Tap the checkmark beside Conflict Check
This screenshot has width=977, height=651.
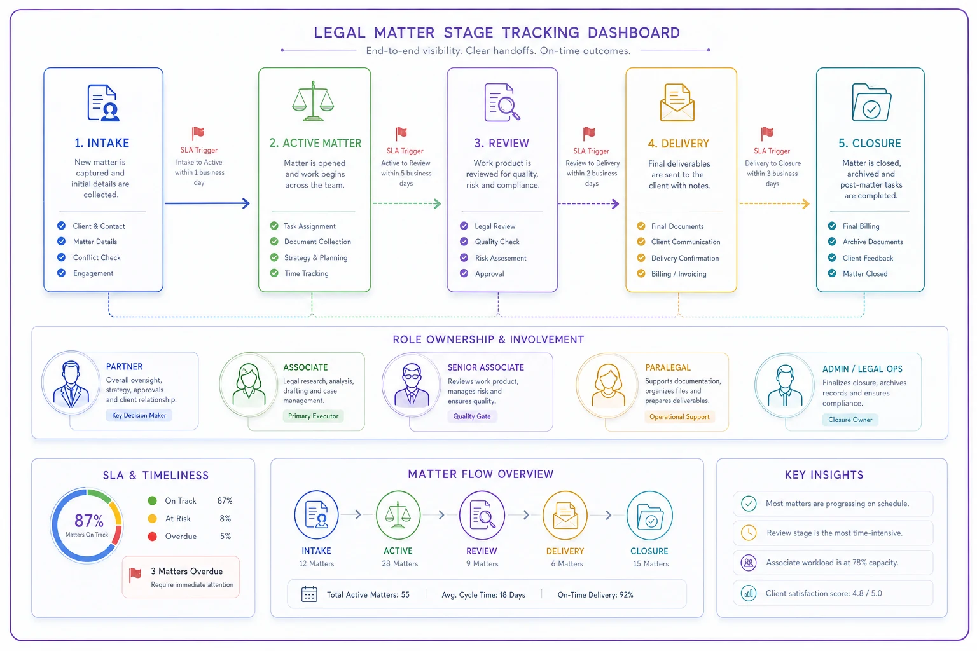point(62,257)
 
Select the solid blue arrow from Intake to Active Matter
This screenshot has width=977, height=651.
point(207,203)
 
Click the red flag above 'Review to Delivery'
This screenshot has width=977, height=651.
point(589,133)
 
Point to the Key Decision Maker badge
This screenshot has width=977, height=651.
point(139,415)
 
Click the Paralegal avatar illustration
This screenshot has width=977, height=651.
point(608,385)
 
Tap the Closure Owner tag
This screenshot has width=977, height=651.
point(850,420)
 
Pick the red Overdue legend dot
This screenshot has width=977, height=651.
point(152,537)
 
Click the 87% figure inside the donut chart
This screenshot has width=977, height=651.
point(88,521)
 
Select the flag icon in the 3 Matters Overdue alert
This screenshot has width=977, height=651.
point(135,575)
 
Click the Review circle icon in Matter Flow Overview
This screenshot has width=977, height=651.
point(482,515)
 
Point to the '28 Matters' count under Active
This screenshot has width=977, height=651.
point(400,563)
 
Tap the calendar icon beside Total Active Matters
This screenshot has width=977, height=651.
point(309,594)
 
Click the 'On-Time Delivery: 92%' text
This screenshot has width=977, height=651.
point(595,595)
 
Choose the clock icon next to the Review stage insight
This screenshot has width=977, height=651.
point(749,533)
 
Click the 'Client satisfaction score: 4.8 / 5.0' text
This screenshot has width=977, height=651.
point(824,593)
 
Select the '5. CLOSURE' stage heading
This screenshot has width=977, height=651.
point(870,143)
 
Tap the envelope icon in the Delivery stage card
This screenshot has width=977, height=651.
point(677,103)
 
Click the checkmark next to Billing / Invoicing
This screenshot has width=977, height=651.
point(641,273)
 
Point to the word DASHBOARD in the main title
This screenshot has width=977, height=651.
point(634,32)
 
